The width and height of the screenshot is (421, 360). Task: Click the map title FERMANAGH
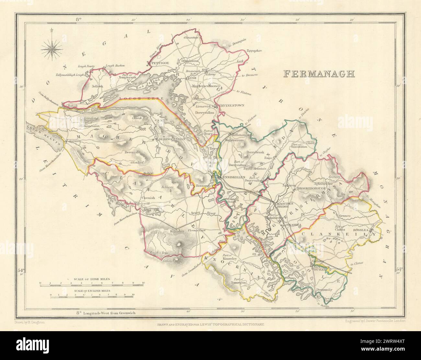pyautogui.click(x=319, y=74)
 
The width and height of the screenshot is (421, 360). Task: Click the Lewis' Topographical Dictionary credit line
pyautogui.click(x=210, y=324)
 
